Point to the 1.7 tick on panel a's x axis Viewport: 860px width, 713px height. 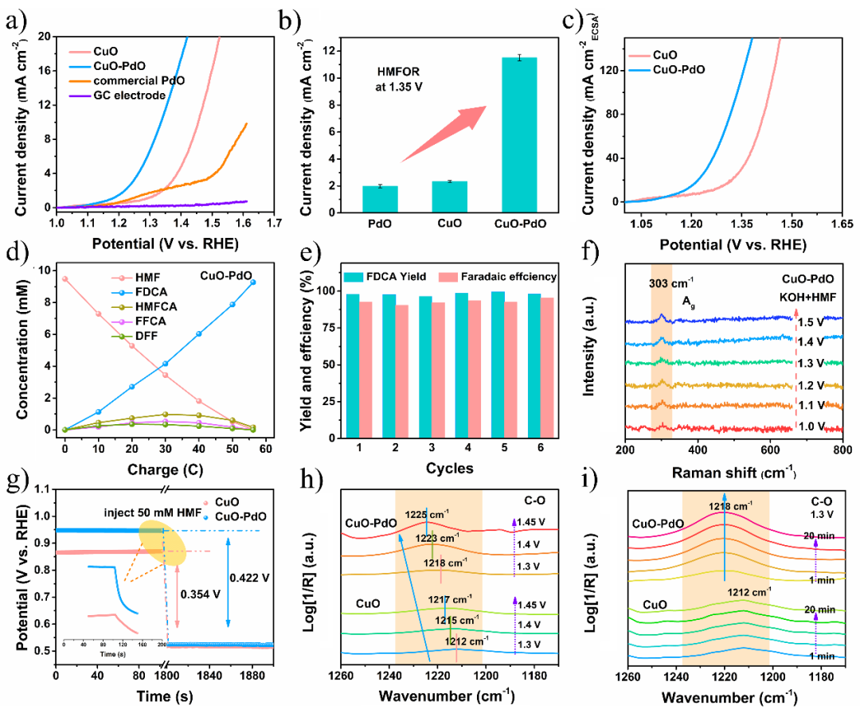275,223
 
